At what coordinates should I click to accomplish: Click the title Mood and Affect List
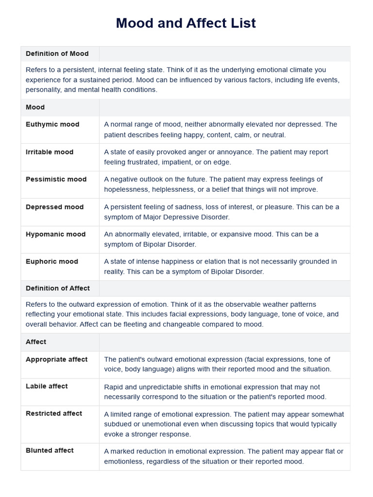coord(186,23)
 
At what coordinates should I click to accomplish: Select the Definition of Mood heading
coord(57,53)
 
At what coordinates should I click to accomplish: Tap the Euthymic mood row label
coord(52,124)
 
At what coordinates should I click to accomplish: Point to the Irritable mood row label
coord(50,152)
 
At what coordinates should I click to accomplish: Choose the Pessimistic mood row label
coord(56,179)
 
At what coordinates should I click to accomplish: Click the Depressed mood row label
coord(54,207)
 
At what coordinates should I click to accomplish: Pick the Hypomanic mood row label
coord(55,234)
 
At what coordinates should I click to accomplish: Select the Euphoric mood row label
coord(52,261)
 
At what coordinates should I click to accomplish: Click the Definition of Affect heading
coord(57,288)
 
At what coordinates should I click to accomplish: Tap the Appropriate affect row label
coord(56,359)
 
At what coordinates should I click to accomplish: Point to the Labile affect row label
coord(47,386)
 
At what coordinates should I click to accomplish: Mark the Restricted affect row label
coord(54,414)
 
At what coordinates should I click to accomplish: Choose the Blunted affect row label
coord(50,450)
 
